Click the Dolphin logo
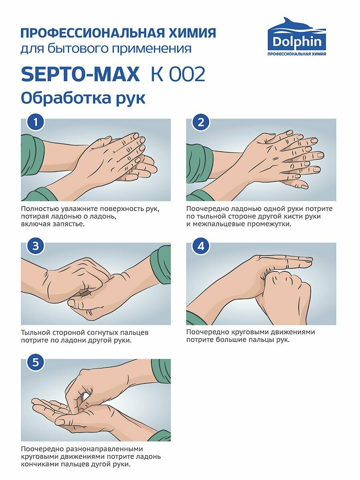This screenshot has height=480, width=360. pyautogui.click(x=297, y=36)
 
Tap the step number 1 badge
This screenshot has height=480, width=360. pyautogui.click(x=36, y=122)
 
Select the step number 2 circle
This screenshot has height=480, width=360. pyautogui.click(x=201, y=122)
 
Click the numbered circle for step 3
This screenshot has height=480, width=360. pyautogui.click(x=36, y=246)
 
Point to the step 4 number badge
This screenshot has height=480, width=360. pyautogui.click(x=201, y=246)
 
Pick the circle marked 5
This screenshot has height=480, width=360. pyautogui.click(x=36, y=362)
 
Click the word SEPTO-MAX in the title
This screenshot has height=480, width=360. pyautogui.click(x=80, y=74)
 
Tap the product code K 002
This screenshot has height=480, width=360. pyautogui.click(x=178, y=74)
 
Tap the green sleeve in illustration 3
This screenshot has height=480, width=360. pyautogui.click(x=161, y=265)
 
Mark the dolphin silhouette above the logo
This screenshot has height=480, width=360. pyautogui.click(x=297, y=24)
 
